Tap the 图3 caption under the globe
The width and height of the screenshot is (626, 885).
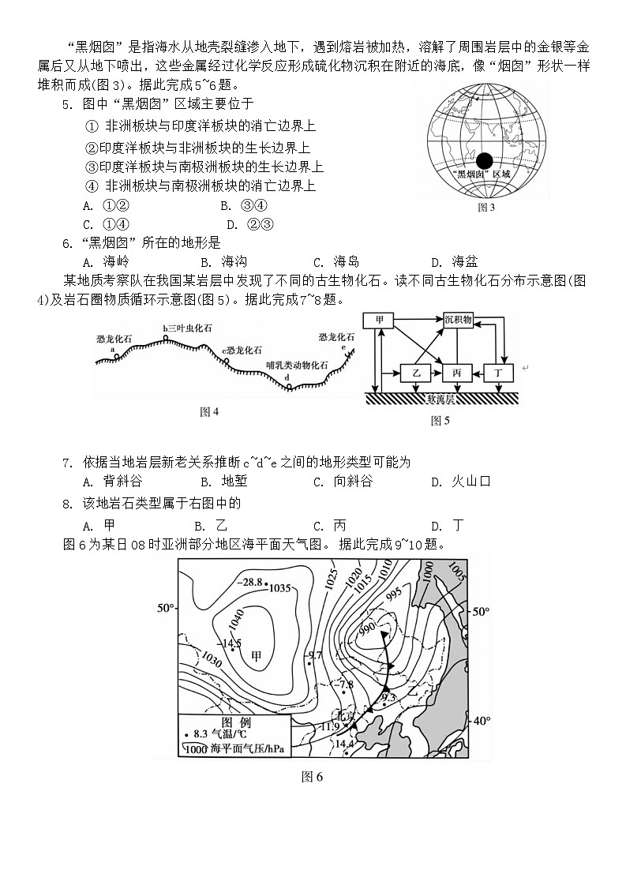486,208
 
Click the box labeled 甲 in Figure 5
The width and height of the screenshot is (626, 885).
380,320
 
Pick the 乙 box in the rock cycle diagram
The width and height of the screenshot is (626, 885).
416,372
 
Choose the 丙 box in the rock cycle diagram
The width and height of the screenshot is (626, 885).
458,372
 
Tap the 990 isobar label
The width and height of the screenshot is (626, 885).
365,628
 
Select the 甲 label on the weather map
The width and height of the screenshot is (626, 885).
256,654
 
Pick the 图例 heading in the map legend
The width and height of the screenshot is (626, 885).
236,722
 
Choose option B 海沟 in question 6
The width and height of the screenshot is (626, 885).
224,262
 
